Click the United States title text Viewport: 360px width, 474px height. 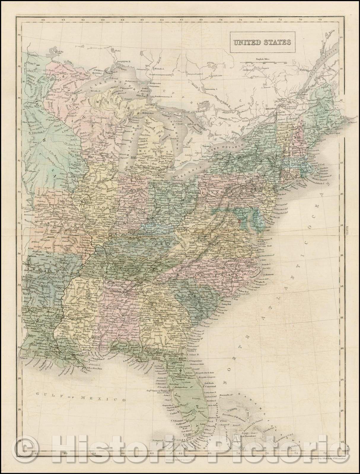(261, 42)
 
